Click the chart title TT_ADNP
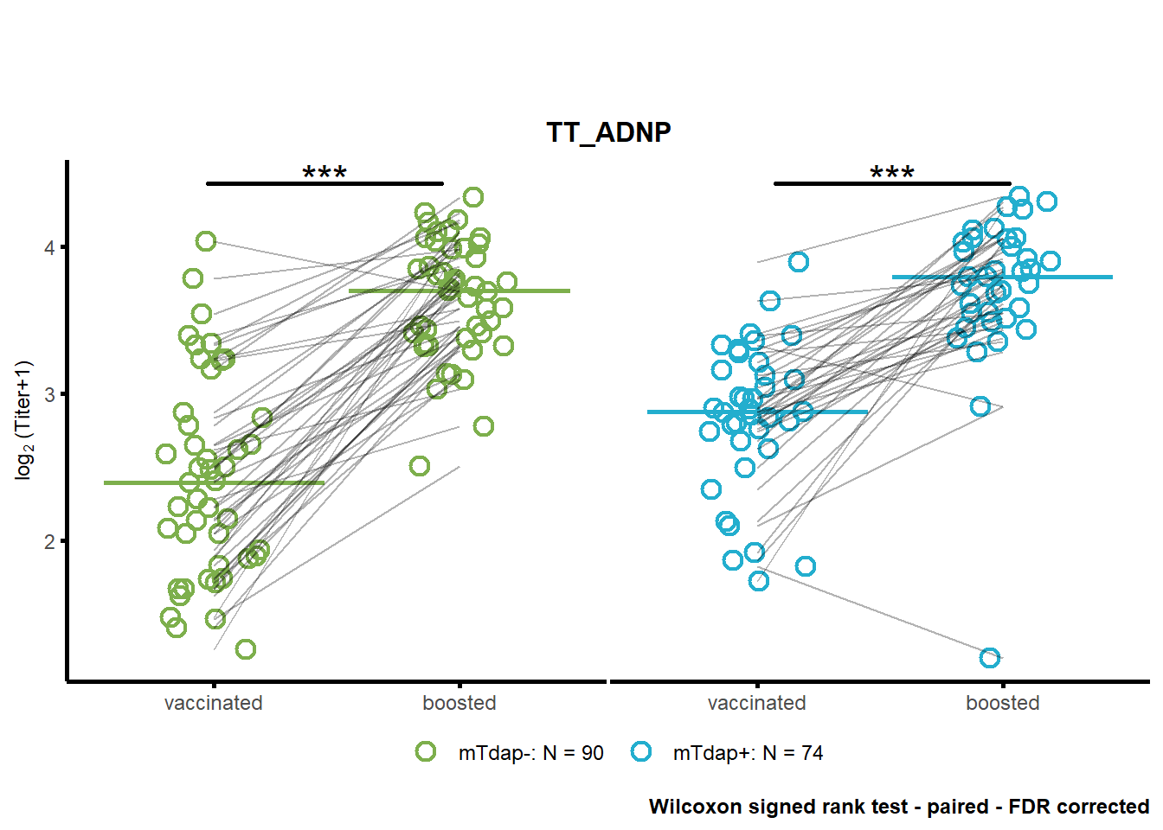608,133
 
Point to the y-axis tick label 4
49,248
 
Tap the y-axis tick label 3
49,395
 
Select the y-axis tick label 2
49,542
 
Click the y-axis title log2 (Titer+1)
24,421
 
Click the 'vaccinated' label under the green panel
214,704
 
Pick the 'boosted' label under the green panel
459,704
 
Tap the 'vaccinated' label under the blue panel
757,704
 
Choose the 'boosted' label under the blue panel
1003,704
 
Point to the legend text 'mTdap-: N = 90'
531,753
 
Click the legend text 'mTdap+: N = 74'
749,753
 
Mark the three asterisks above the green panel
324,172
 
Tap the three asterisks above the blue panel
892,172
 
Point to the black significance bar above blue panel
892,183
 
